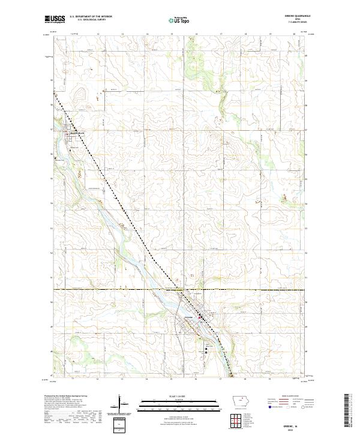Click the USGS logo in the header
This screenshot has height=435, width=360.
(x=55, y=19)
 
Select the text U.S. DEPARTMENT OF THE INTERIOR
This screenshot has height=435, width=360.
(x=91, y=17)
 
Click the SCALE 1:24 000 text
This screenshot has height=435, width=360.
(x=179, y=395)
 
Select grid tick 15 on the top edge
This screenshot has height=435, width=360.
(x=172, y=35)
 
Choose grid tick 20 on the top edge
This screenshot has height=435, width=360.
(x=294, y=35)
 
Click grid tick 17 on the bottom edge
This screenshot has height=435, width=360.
(x=221, y=380)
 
